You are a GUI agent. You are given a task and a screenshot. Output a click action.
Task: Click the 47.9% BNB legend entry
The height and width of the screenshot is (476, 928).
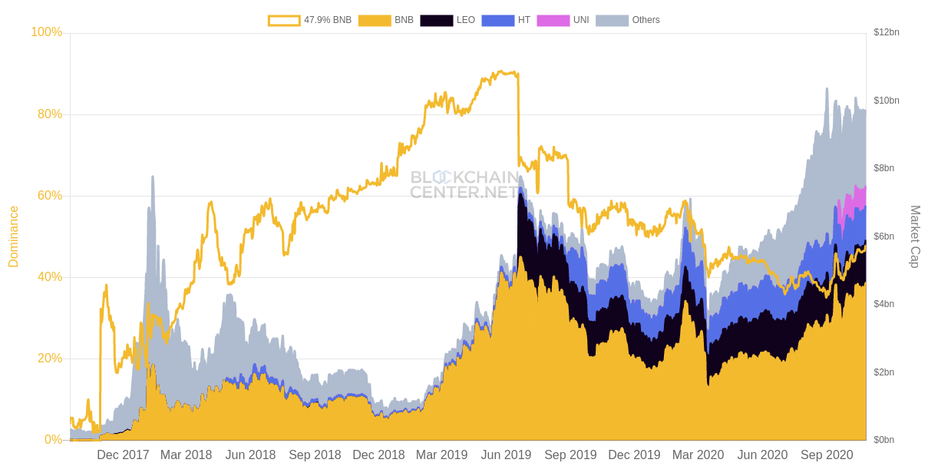(309, 21)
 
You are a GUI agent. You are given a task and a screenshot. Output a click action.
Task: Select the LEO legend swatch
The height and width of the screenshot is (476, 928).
(437, 21)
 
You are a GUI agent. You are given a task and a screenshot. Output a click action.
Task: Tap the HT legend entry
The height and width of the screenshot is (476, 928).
(506, 21)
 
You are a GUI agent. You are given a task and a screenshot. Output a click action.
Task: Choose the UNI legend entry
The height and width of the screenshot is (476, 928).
(563, 21)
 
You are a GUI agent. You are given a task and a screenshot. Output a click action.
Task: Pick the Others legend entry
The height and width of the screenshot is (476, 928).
(627, 21)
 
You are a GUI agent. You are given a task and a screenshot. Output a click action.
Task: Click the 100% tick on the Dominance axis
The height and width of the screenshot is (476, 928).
(46, 32)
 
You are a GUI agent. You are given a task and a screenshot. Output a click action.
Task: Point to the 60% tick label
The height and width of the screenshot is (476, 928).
(49, 196)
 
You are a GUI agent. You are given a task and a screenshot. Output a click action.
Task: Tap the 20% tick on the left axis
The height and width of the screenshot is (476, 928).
(49, 359)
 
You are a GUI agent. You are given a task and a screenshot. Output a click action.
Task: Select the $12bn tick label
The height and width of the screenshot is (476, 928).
(886, 32)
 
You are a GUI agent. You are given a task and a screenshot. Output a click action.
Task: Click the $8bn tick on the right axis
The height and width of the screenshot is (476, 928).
(883, 168)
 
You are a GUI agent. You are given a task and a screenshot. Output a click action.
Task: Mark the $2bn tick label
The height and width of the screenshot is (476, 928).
(883, 372)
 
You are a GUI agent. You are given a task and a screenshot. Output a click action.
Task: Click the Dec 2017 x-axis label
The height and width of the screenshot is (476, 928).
(123, 455)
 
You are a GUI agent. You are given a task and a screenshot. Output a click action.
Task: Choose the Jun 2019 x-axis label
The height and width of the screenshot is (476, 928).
(506, 455)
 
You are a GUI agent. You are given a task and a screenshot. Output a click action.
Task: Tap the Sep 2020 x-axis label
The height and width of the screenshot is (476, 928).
(827, 455)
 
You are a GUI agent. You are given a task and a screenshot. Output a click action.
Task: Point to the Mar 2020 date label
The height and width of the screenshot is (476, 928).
(698, 455)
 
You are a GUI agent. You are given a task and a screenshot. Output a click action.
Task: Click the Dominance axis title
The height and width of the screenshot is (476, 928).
(14, 236)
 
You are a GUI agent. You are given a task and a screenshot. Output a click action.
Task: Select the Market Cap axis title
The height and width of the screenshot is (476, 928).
(915, 236)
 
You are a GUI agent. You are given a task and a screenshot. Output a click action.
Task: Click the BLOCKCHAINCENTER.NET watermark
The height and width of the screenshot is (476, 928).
(464, 185)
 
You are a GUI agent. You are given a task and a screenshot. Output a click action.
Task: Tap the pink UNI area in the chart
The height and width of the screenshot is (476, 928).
(852, 201)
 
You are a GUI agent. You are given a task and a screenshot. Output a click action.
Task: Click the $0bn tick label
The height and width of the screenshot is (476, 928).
(883, 440)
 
